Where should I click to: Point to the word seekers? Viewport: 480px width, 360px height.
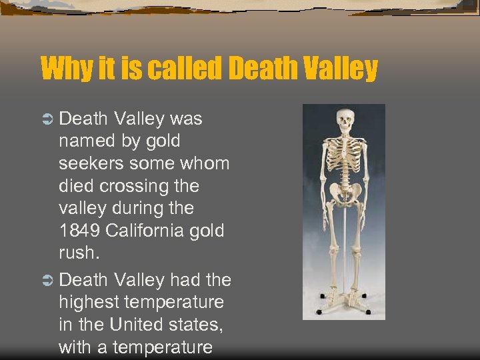tap(89, 163)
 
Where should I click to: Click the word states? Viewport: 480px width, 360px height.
tap(197, 324)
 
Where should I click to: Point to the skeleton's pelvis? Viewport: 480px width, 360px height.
tap(344, 194)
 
